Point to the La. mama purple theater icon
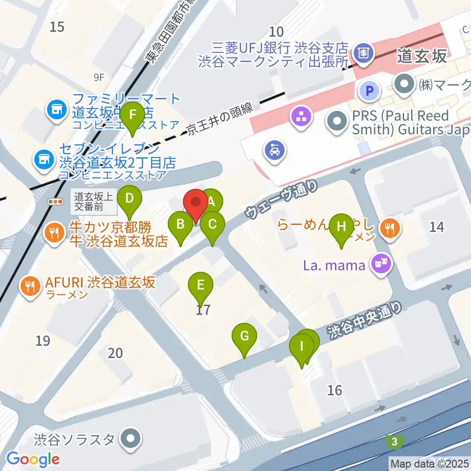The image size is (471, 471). [x=381, y=265]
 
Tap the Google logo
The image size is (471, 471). [x=33, y=459]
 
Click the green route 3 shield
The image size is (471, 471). [x=394, y=442]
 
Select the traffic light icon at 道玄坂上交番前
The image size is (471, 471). [x=55, y=201]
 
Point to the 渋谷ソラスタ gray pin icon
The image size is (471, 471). [x=131, y=438]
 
